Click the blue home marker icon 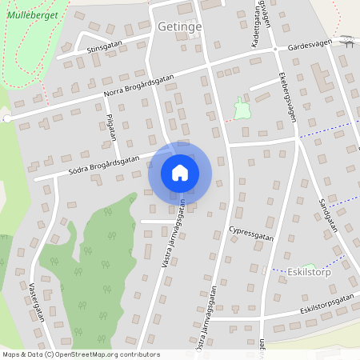(180, 172)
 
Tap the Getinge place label (180, 26)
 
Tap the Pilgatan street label (111, 126)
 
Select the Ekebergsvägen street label (289, 98)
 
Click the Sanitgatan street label (327, 215)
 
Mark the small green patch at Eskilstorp (310, 267)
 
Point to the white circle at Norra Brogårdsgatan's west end (6, 118)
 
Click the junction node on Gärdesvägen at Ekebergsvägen (274, 50)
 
